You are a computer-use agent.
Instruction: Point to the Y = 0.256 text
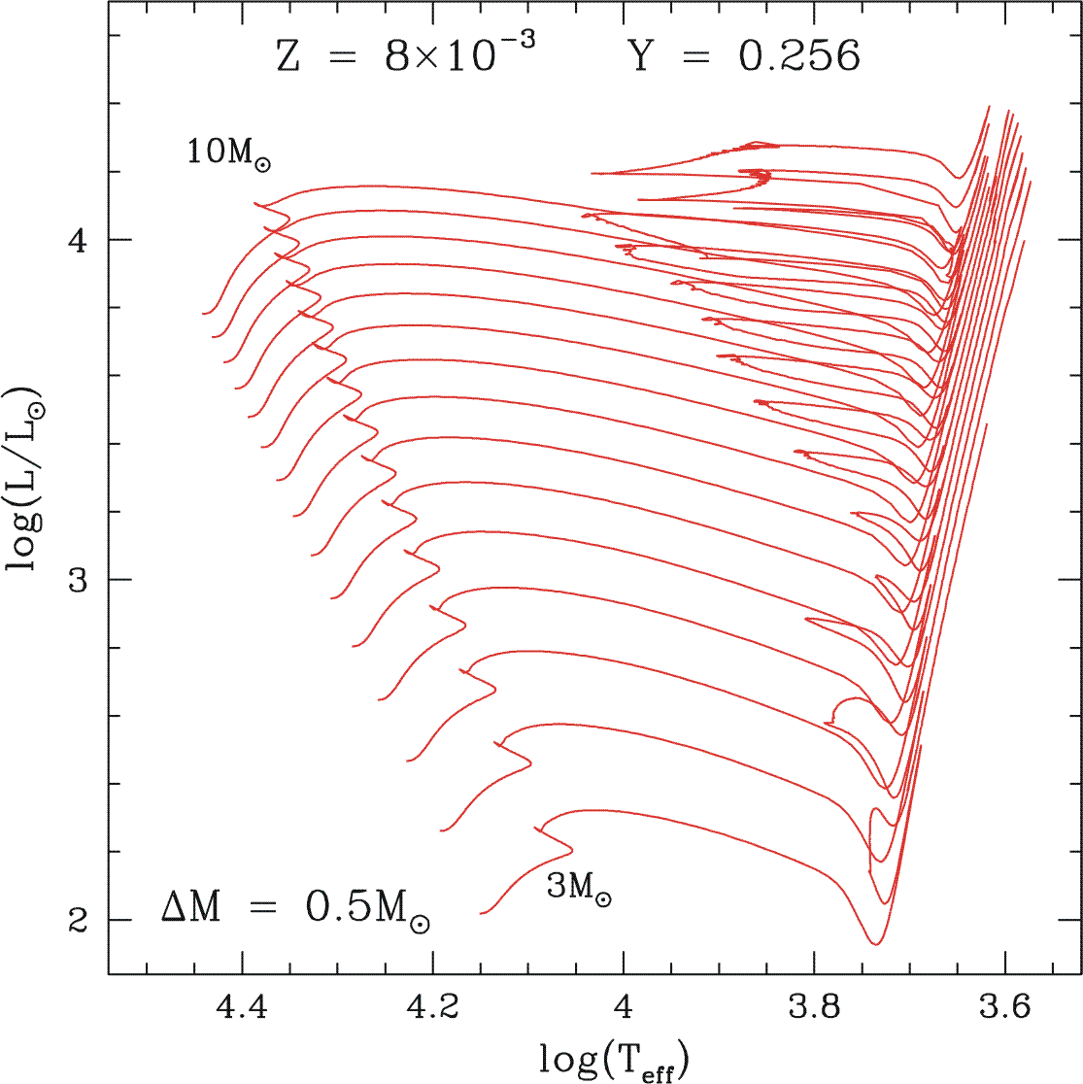pyautogui.click(x=744, y=57)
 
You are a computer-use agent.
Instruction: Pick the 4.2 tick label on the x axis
pyautogui.click(x=432, y=1011)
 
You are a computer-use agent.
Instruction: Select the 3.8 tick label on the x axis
pyautogui.click(x=813, y=1011)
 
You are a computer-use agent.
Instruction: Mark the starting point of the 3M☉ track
pyautogui.click(x=480, y=914)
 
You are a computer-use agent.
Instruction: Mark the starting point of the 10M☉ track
pyautogui.click(x=202, y=314)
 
